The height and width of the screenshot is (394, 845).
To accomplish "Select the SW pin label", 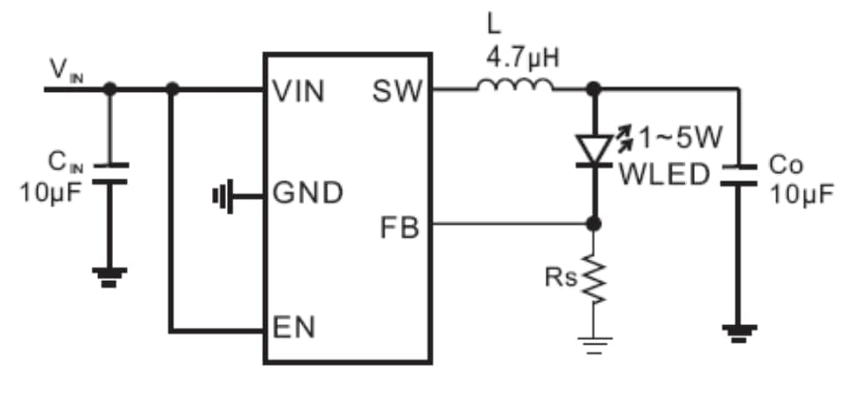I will pyautogui.click(x=397, y=91).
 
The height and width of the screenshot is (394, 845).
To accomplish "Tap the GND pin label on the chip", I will pyautogui.click(x=308, y=193).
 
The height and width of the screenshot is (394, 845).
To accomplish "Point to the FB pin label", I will pyautogui.click(x=400, y=227).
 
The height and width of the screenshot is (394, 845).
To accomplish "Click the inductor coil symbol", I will pyautogui.click(x=516, y=86).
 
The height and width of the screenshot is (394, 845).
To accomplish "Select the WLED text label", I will pyautogui.click(x=664, y=173).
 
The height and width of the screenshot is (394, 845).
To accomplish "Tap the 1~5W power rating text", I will pyautogui.click(x=681, y=138).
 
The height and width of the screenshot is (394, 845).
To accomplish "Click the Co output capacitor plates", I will pyautogui.click(x=738, y=173).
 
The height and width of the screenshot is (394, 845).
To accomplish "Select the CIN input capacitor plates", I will pyautogui.click(x=109, y=172).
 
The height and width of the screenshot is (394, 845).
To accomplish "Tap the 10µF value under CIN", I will pyautogui.click(x=50, y=192).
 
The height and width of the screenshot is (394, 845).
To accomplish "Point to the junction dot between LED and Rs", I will pyautogui.click(x=593, y=224).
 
